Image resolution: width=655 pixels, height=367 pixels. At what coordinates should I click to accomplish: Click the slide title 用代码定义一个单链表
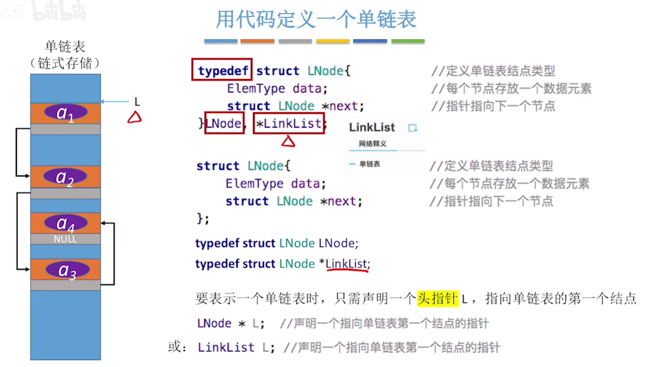click(316, 19)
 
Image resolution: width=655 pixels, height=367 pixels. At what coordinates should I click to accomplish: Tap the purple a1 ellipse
click(66, 113)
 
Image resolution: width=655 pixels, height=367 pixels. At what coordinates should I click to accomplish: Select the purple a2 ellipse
click(65, 177)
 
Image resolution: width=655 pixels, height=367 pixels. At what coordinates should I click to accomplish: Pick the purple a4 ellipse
click(66, 223)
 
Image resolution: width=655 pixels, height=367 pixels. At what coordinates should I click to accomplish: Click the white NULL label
click(65, 239)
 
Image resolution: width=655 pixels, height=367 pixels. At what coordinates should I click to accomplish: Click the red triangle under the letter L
click(134, 118)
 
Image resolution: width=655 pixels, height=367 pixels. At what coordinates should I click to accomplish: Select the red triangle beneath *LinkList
click(288, 142)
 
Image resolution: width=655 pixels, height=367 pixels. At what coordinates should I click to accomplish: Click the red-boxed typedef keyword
click(222, 71)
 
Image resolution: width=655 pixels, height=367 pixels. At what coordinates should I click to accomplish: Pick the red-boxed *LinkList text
click(289, 123)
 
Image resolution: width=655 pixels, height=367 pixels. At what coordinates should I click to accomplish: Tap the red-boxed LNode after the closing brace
click(224, 123)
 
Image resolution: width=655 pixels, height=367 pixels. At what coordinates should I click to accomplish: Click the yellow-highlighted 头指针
click(437, 299)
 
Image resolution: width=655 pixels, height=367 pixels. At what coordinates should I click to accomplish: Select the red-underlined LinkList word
click(346, 264)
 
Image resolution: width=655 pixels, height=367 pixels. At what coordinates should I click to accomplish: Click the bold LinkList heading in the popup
click(372, 127)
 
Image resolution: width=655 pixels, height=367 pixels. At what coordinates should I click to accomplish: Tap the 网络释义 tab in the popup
click(372, 144)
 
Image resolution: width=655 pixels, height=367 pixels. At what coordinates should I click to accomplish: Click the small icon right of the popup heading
click(413, 128)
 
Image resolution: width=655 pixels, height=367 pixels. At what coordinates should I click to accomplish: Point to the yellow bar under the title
click(333, 41)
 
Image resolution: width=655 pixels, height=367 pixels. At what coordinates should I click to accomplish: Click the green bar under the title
click(408, 41)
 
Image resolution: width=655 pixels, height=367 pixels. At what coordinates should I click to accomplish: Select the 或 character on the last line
click(174, 347)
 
